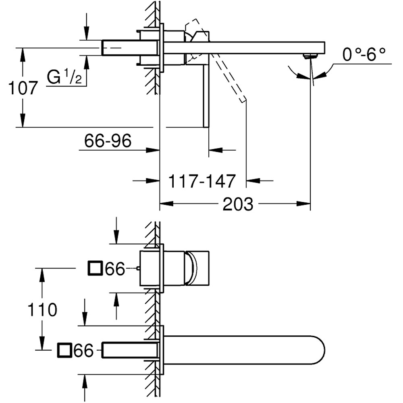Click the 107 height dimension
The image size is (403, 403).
[23, 88]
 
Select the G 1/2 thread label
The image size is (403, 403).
[64, 77]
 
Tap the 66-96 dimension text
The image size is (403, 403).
[108, 141]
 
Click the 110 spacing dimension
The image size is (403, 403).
[42, 310]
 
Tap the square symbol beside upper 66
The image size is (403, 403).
[95, 268]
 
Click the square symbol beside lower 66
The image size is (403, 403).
[64, 350]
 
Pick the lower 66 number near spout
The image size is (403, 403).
[83, 351]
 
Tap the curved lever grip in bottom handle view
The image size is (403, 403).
[191, 268]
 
